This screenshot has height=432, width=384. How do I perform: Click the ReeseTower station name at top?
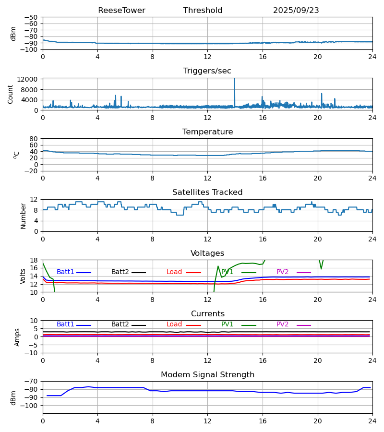tap(121, 11)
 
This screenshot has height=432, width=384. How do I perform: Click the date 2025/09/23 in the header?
tap(296, 11)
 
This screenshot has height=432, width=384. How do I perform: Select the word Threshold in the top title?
tap(203, 11)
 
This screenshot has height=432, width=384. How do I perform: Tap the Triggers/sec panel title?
tap(207, 71)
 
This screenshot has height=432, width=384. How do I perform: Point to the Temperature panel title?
tap(207, 132)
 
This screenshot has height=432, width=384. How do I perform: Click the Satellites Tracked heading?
tap(207, 192)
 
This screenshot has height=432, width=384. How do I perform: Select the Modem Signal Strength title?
tap(207, 375)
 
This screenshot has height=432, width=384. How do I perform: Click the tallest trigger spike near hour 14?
tap(234, 80)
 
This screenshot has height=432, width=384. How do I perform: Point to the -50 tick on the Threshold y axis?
tap(33, 17)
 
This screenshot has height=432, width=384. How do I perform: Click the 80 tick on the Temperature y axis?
tap(34, 139)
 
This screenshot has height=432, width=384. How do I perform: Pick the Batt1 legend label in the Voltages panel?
tap(65, 272)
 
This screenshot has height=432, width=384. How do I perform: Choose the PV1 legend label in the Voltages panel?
tap(228, 272)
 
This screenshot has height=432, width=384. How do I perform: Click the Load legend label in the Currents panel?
tap(174, 324)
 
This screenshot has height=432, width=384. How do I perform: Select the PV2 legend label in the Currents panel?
tap(283, 324)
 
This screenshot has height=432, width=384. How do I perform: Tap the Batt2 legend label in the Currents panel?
tap(120, 324)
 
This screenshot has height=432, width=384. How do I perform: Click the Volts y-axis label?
tap(24, 276)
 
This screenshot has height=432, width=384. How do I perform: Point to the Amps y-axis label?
tap(18, 337)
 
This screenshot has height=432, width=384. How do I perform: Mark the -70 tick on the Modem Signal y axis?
tap(33, 381)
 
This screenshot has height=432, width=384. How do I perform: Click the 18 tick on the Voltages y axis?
tap(34, 260)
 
